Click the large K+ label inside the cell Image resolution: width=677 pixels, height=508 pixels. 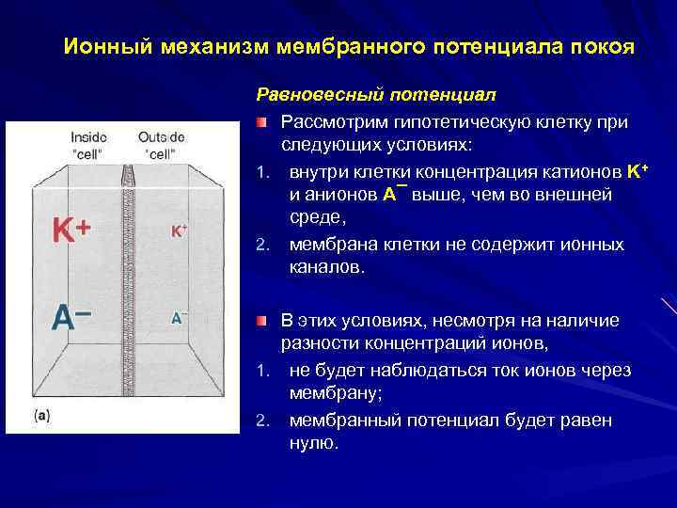pyautogui.click(x=71, y=230)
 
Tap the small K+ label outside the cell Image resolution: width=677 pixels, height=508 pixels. pyautogui.click(x=179, y=230)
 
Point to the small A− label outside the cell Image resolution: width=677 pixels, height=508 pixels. pyautogui.click(x=179, y=318)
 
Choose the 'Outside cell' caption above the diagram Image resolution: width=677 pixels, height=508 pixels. pyautogui.click(x=161, y=145)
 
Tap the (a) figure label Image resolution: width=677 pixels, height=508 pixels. pyautogui.click(x=42, y=413)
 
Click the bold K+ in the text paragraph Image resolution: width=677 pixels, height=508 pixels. pyautogui.click(x=638, y=171)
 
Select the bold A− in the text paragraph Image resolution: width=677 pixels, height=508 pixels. pyautogui.click(x=395, y=195)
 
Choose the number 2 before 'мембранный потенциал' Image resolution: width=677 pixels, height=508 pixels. pyautogui.click(x=262, y=420)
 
